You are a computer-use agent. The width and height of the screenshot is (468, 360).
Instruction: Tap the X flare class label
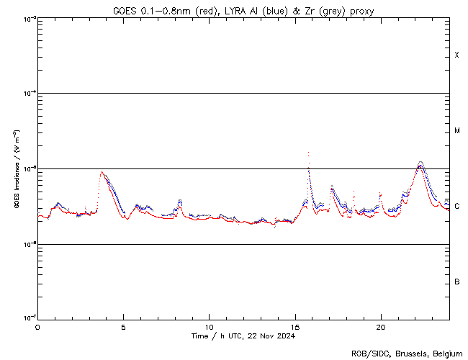coord(456,55)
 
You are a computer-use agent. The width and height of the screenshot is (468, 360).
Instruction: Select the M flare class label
coord(456,131)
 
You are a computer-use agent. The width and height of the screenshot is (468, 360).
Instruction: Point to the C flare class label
coord(456,207)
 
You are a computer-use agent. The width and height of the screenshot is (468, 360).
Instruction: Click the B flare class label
coord(456,282)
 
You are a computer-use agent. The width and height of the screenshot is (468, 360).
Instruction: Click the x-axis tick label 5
coord(123,327)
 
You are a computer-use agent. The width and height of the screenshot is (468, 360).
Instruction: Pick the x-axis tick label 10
coord(209,327)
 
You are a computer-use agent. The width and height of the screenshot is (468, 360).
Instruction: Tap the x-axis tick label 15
coord(295,327)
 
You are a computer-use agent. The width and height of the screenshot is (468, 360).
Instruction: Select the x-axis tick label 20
coord(381,327)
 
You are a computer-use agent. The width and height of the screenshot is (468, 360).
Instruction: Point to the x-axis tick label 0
coord(37,327)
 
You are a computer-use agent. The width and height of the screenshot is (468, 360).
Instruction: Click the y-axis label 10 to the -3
coord(27,19)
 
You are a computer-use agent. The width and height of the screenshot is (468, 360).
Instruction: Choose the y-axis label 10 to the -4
coord(27,94)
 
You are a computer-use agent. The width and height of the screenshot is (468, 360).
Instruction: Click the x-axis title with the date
coord(243,336)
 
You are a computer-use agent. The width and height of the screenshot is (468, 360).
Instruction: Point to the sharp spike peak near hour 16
coord(308,153)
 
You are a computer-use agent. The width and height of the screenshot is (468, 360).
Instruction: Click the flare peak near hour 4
coord(102,171)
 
